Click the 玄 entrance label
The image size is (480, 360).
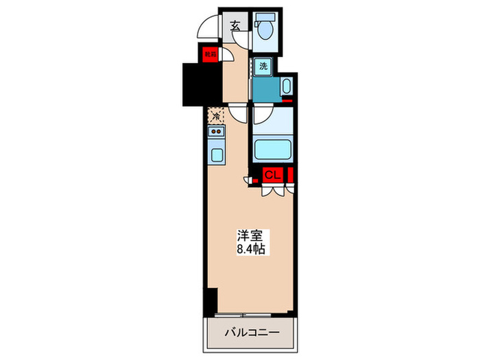(235, 26)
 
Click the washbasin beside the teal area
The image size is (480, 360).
(286, 87)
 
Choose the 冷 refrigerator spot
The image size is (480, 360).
(215, 116)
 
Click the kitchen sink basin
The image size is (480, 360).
(216, 154)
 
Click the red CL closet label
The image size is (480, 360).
(272, 176)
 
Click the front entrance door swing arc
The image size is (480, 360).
(206, 29)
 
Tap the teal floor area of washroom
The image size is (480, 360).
(266, 88)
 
